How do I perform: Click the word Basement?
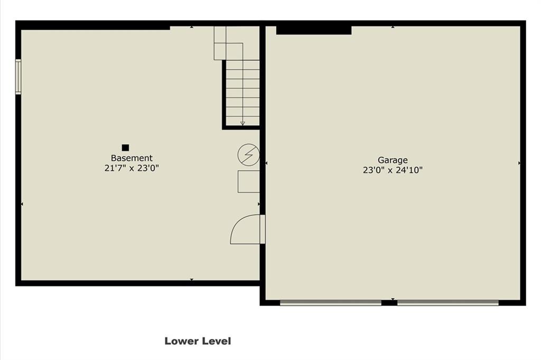click(132, 158)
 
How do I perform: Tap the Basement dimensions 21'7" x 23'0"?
click(132, 168)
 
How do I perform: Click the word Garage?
click(393, 160)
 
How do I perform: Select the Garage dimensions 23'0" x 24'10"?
click(393, 170)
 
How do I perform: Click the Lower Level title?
click(198, 341)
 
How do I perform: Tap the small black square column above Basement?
click(125, 147)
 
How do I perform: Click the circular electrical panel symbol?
click(248, 155)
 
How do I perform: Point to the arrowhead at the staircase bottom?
click(242, 123)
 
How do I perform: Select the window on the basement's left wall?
click(18, 77)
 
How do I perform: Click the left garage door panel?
click(331, 303)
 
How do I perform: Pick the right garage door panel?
click(448, 303)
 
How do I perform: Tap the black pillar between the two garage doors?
click(389, 303)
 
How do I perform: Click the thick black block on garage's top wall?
click(314, 30)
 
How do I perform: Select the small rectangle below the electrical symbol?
click(248, 181)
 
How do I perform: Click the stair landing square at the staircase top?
click(235, 51)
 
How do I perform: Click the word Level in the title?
click(216, 341)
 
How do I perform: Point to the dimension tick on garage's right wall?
click(519, 163)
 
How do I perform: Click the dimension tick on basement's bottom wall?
click(192, 279)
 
